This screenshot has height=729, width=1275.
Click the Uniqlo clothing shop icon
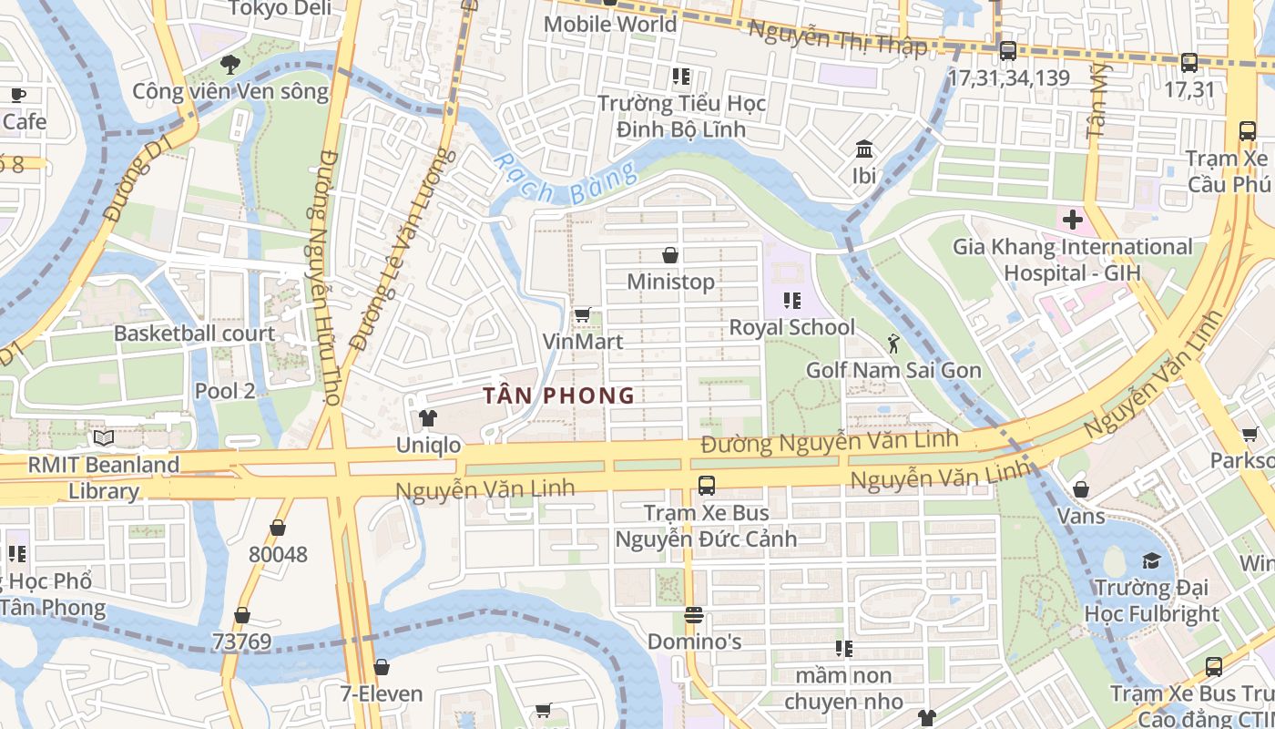point(426,418)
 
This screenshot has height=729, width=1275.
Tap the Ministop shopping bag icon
point(670,255)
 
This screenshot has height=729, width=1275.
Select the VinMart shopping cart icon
point(582,315)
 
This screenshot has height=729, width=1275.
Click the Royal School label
point(791,327)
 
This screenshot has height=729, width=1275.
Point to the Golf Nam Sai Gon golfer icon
point(893,344)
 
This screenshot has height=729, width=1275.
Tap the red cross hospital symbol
point(1072,220)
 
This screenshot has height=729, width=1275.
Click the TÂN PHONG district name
point(558,395)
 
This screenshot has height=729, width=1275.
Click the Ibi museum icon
point(863,149)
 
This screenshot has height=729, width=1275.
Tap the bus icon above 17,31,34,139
point(1007,51)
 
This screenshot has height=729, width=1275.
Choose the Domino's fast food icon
point(694,615)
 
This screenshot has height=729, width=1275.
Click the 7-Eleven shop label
point(382,693)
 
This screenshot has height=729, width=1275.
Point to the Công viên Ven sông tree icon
point(229,65)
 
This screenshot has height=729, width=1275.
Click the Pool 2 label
point(225,391)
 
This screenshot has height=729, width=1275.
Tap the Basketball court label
point(194,334)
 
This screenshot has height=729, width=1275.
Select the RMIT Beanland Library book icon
point(104,438)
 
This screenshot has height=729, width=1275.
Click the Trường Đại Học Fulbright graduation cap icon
point(1151,560)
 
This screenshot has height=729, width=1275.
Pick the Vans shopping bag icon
point(1080,489)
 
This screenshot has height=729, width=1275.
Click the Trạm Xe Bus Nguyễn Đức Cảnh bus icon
point(706,486)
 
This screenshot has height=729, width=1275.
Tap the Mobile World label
point(609,24)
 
